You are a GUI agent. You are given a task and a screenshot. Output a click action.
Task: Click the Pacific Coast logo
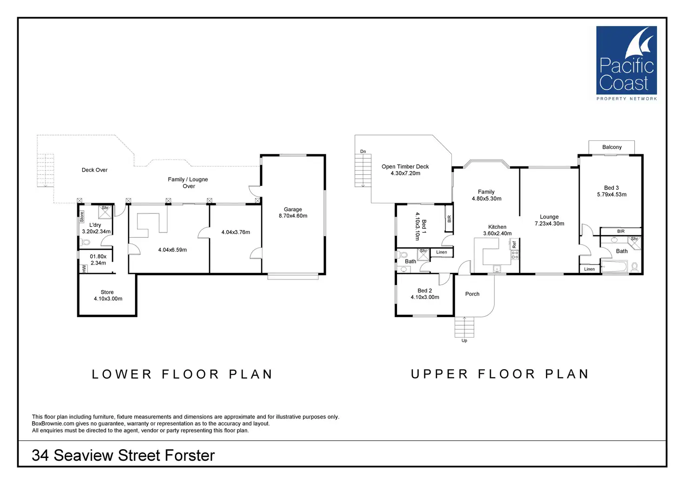pos(626,63)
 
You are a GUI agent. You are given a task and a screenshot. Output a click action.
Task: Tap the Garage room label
pos(293,209)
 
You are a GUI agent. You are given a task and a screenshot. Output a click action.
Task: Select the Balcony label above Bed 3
pos(611,147)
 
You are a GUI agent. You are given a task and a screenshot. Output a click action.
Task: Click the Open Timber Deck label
pos(405,166)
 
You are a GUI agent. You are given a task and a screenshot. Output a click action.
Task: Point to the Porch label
pos(472,294)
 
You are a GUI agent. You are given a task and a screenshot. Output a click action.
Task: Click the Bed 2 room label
pos(424,291)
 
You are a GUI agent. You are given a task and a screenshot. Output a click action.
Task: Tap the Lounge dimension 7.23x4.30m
pos(549,224)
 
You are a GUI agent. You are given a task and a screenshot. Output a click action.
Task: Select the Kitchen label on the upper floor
pos(497,227)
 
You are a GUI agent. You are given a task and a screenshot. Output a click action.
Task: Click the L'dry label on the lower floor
pos(95,225)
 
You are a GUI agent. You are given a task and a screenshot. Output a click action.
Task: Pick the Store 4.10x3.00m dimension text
pos(108,299)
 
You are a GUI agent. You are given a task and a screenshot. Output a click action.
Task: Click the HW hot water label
pos(84,269)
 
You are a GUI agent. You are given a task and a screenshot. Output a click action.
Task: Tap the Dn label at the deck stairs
pos(363,152)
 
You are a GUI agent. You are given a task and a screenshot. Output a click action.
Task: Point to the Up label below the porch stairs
pos(464,341)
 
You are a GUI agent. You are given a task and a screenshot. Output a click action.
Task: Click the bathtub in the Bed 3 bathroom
pos(614,267)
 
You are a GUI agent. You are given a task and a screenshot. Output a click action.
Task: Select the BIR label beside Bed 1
pos(449,219)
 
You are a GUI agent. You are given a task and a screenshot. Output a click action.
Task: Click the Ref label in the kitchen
pos(514,244)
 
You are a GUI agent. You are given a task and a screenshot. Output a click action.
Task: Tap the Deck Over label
pos(94,170)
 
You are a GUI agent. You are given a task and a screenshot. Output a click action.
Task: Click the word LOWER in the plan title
pos(122,374)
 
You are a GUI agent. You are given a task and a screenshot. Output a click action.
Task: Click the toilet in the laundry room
pos(86,242)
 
